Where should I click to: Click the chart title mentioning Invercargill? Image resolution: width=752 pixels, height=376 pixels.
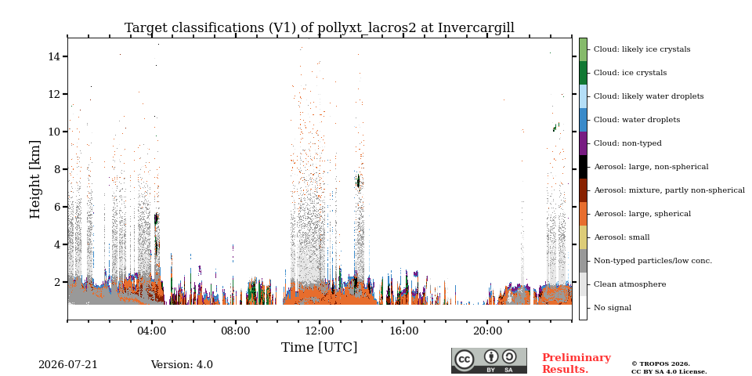(320, 28)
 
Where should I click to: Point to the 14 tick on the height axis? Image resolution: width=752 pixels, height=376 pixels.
(53, 56)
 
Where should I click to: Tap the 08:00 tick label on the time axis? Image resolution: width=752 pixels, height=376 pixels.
(236, 331)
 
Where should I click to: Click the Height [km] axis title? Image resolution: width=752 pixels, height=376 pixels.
(35, 179)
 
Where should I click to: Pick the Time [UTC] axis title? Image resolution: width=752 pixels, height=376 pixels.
(319, 347)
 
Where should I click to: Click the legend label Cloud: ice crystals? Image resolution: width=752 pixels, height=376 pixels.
(630, 73)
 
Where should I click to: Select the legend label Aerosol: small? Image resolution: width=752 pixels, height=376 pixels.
(622, 237)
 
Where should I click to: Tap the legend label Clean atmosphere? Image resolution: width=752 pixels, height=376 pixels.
(630, 284)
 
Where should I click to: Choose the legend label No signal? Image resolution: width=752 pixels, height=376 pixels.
(613, 308)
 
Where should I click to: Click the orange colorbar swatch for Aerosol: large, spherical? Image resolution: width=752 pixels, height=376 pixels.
(583, 214)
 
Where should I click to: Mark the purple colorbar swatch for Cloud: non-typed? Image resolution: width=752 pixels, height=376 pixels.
(583, 143)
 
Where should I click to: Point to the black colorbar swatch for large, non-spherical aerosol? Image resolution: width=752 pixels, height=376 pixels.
(583, 167)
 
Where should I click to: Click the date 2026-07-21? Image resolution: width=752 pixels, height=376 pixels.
(67, 364)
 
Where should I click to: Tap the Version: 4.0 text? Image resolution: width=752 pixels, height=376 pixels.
(182, 364)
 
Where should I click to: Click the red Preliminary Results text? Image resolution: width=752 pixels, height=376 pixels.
(577, 363)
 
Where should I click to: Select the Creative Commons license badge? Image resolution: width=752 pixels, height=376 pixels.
(489, 360)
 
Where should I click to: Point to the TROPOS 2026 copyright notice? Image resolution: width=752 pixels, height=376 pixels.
(660, 364)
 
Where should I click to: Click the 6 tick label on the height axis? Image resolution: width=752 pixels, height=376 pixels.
(56, 207)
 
